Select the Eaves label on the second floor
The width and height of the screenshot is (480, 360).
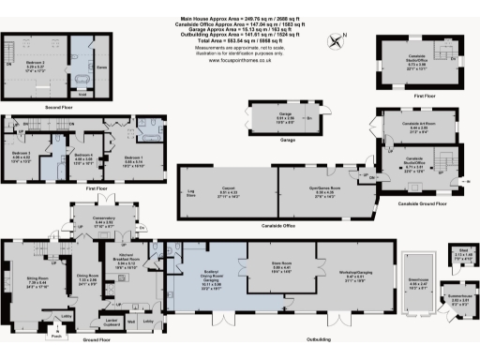click(x=103, y=67)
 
